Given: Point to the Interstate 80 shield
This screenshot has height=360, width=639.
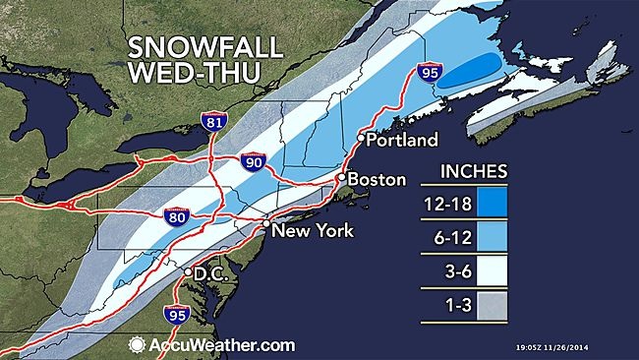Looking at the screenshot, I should point(175,216).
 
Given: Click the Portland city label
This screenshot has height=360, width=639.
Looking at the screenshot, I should point(402,141).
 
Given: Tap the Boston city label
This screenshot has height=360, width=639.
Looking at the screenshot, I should point(378,180).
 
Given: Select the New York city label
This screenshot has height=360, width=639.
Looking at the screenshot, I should point(312,231).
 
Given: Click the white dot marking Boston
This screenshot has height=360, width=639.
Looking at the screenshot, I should point(340,178).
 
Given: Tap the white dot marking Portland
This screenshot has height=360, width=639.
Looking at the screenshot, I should point(360,139).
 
